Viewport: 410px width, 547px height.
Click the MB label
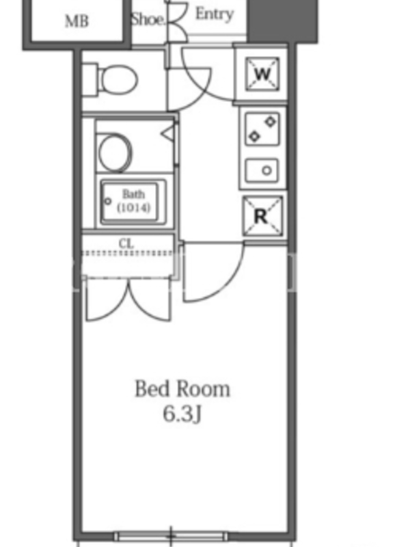pyautogui.click(x=77, y=21)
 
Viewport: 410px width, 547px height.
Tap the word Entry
pyautogui.click(x=214, y=14)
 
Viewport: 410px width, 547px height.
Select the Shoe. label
pyautogui.click(x=148, y=19)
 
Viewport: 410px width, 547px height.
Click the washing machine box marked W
pyautogui.click(x=262, y=74)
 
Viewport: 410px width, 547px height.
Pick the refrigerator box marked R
pyautogui.click(x=262, y=216)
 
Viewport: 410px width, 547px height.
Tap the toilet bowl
pyautogui.click(x=118, y=79)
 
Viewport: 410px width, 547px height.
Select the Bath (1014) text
pyautogui.click(x=133, y=200)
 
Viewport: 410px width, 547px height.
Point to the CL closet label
pyautogui.click(x=126, y=243)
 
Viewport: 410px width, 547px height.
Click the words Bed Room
pyautogui.click(x=182, y=389)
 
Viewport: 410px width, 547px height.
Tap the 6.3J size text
pyautogui.click(x=182, y=414)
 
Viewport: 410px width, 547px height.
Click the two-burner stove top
pyautogui.click(x=262, y=129)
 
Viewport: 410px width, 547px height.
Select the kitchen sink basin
pyautogui.click(x=262, y=170)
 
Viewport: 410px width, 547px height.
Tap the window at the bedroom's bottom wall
pyautogui.click(x=171, y=535)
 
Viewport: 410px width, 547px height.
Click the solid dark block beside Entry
pyautogui.click(x=282, y=21)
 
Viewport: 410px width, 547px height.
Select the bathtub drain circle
pyautogui.click(x=108, y=201)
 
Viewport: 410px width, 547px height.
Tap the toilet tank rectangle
pyautogui.click(x=90, y=79)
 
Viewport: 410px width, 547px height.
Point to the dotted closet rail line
pyautogui.click(x=128, y=253)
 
